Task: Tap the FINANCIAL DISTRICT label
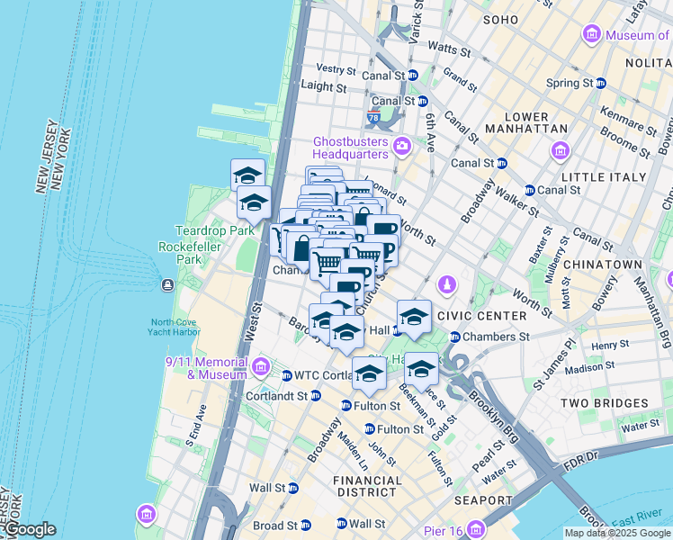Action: coord(367,486)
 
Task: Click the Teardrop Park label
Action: coord(203,230)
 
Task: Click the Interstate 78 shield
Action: coord(373,117)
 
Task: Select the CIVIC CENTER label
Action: coord(480,316)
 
